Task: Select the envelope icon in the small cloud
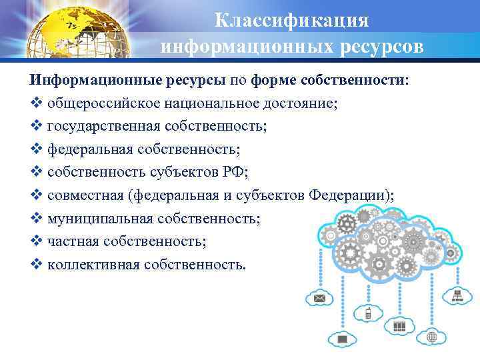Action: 319,297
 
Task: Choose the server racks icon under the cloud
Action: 399,326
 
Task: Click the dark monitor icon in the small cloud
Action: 343,340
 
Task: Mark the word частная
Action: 71,241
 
